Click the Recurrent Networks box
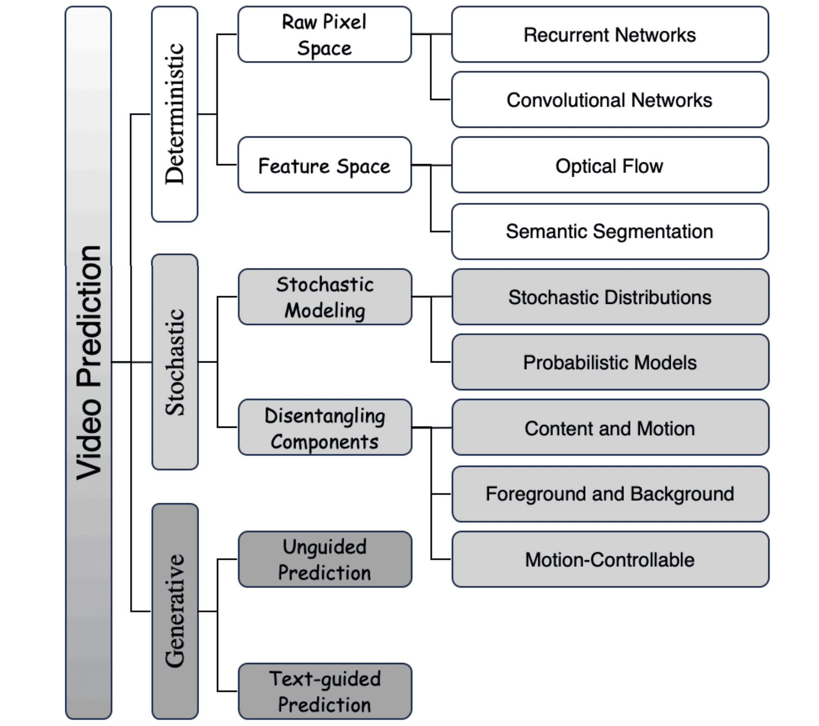(609, 34)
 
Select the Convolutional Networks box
(609, 100)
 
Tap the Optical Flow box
(609, 165)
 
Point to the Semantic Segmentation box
(609, 231)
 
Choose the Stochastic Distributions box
(609, 297)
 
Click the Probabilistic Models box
(609, 362)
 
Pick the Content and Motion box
(609, 428)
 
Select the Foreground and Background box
(609, 494)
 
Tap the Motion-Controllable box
(609, 559)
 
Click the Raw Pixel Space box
(324, 34)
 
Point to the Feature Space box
(324, 165)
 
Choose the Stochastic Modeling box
(324, 297)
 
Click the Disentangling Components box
(324, 428)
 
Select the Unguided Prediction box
(324, 559)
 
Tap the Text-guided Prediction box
(324, 691)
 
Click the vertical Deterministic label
(174, 114)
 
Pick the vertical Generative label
(175, 611)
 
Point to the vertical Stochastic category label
(175, 362)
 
